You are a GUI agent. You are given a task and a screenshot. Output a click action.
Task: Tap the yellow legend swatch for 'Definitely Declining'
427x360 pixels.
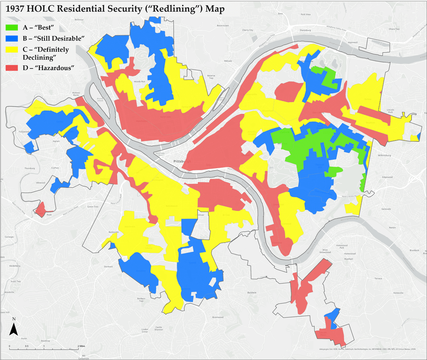tap(12, 50)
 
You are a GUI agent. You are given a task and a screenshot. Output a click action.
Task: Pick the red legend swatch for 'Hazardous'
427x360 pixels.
tap(12, 68)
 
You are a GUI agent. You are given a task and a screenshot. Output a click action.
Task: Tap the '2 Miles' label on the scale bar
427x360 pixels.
tap(82, 346)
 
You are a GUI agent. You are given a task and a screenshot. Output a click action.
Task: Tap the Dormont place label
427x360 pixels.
tap(108, 267)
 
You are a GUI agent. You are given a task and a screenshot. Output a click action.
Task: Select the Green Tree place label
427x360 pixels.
tap(93, 207)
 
